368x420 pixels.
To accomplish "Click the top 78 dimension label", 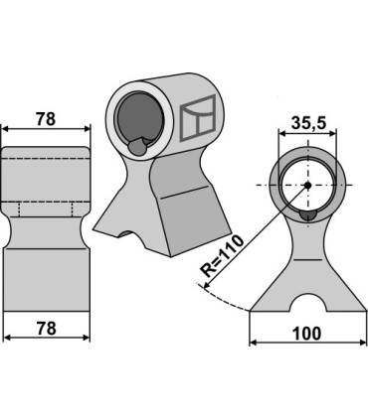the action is pyautogui.click(x=46, y=119).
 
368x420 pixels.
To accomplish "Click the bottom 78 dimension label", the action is pyautogui.click(x=46, y=329).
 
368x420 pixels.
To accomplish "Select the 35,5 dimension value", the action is pyautogui.click(x=309, y=123).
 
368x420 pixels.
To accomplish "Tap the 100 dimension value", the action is pyautogui.click(x=306, y=334).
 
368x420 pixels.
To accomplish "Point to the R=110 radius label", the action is pyautogui.click(x=223, y=256).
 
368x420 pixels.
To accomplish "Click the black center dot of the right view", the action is pyautogui.click(x=307, y=186).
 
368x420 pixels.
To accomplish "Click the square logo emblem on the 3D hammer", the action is pyautogui.click(x=198, y=118).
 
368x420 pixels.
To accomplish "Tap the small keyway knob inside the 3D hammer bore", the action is pyautogui.click(x=137, y=146).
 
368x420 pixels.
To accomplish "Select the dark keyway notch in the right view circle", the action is pyautogui.click(x=308, y=215).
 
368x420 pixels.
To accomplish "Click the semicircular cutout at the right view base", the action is pyautogui.click(x=307, y=302).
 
